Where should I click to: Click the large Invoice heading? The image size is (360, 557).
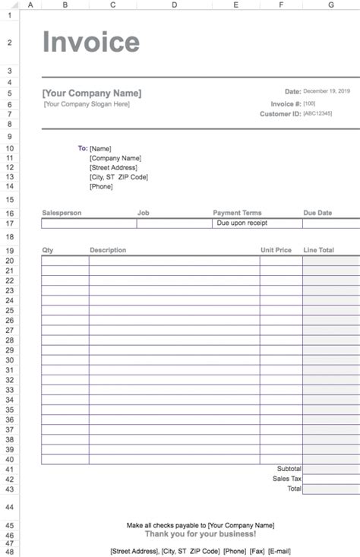point(91,43)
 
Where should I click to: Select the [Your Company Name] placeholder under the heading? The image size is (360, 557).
point(92,93)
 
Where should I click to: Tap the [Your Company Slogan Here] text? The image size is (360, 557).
point(87,104)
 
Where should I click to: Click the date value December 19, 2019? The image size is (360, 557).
point(332,91)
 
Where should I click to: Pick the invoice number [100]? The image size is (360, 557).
point(310,103)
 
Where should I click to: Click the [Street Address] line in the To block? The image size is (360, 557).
point(113,167)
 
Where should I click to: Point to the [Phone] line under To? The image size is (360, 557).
point(101,186)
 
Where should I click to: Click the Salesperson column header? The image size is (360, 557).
point(62,214)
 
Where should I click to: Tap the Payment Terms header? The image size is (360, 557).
point(237,214)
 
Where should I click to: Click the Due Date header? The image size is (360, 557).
point(318,214)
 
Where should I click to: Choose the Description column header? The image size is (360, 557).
point(108,250)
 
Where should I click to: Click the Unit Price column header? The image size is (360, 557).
point(276,250)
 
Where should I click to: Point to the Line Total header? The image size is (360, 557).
point(319,250)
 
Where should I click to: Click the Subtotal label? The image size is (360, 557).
point(289,469)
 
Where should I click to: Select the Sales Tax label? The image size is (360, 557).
point(287,479)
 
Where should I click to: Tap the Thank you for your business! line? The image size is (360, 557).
point(201,533)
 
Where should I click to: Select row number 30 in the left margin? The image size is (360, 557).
point(10,360)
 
